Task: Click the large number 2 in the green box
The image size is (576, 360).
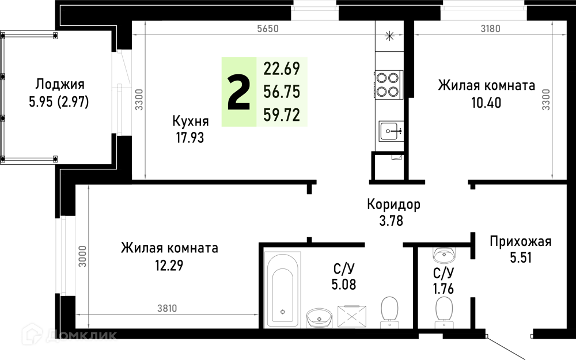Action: tap(239, 92)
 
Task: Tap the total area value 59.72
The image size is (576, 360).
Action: tap(282, 115)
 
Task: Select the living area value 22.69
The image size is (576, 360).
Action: tap(282, 69)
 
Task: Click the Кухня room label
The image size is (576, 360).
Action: tap(191, 121)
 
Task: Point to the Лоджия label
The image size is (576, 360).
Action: tap(60, 85)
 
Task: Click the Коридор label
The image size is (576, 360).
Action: tap(393, 204)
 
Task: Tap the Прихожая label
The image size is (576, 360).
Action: tap(521, 242)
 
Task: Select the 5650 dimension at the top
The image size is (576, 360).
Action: tap(268, 29)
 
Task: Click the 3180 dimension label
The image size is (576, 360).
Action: tap(490, 29)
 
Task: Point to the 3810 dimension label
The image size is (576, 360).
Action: tap(167, 308)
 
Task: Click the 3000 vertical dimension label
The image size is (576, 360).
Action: tap(82, 256)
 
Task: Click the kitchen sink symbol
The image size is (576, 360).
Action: tap(392, 131)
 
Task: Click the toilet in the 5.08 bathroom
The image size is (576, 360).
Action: tap(389, 312)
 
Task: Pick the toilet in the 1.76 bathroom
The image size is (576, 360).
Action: tap(444, 312)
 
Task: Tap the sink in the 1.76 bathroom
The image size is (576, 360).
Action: tap(444, 254)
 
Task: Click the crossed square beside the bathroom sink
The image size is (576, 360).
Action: tap(352, 316)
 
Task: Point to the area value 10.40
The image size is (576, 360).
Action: tap(486, 103)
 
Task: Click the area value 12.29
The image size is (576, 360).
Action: tap(169, 265)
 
